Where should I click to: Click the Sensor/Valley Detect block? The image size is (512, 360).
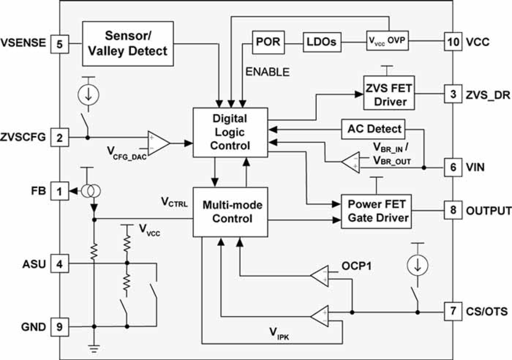click(125, 43)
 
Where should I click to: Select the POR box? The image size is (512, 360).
click(267, 42)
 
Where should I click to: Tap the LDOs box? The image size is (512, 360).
click(322, 42)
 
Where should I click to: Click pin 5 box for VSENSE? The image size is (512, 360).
click(60, 43)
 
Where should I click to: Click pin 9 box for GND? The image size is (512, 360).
click(60, 327)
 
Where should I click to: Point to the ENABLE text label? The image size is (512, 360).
click(267, 72)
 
